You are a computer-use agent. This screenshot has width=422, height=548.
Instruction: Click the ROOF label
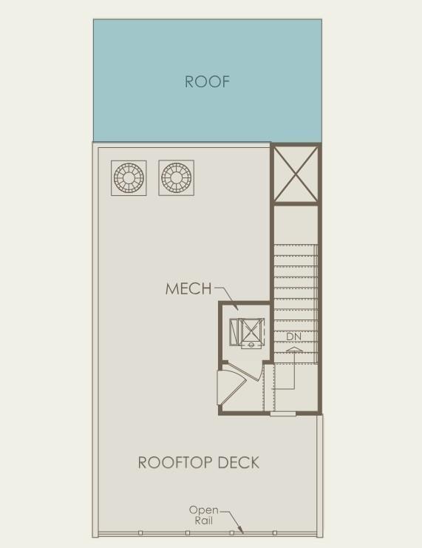coord(207,81)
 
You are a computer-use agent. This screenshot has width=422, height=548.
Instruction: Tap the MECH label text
coord(188,288)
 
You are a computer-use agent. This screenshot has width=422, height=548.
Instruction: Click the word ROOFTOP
coord(175,462)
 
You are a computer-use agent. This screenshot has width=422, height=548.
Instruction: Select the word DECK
coord(239,462)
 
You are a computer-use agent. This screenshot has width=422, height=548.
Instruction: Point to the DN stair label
coord(293,337)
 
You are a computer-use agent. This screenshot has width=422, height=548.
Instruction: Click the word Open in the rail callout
coord(204,510)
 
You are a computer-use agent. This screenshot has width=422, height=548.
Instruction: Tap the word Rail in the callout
coord(204,521)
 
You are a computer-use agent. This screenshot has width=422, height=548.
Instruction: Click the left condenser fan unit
coord(129,178)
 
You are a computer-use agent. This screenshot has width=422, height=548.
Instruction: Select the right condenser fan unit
coord(176,178)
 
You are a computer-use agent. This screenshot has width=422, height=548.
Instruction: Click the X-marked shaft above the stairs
coord(296,174)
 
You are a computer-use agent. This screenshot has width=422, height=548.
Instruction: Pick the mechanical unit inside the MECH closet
coord(247,333)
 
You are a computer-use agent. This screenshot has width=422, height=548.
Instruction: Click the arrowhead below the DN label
coord(293,348)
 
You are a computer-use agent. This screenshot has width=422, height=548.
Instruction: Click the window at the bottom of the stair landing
coord(283,414)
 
